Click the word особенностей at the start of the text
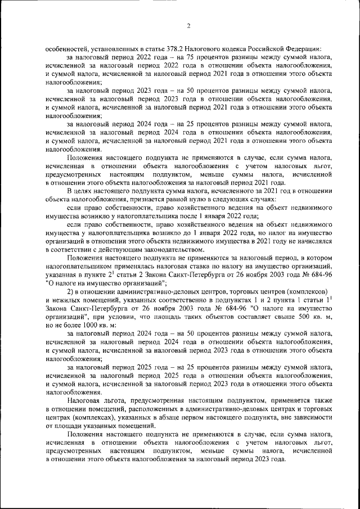tap(66, 49)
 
